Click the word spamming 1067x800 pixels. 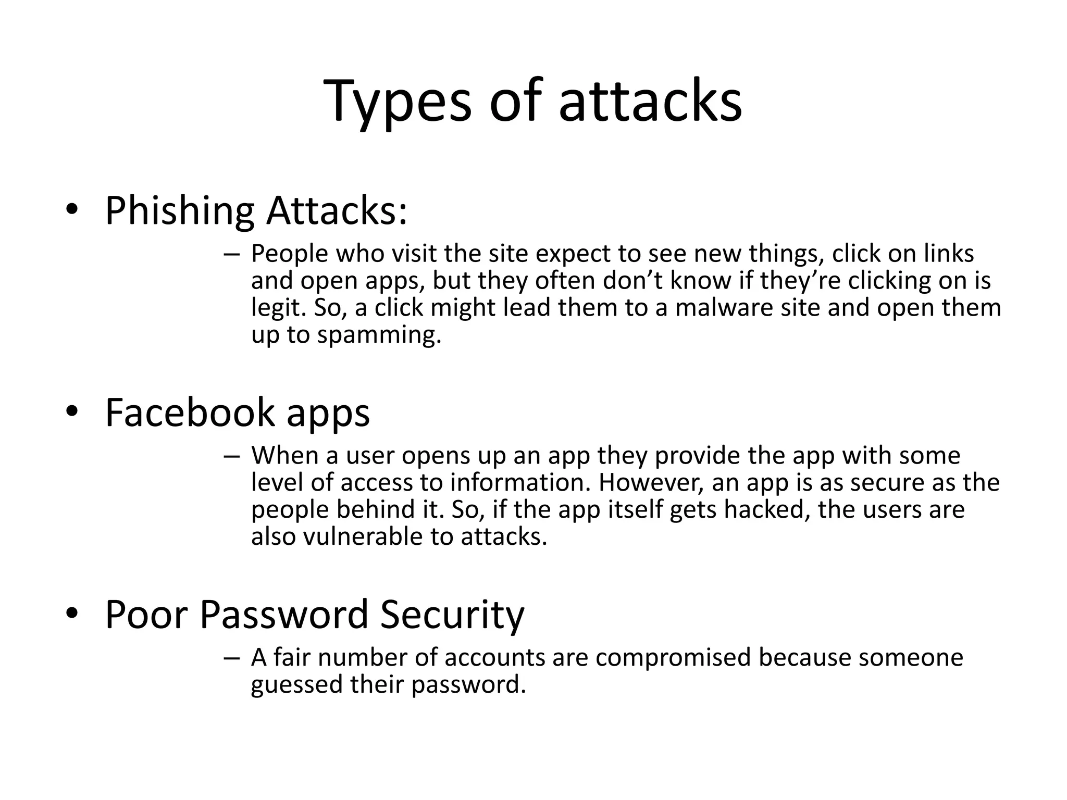click(x=379, y=335)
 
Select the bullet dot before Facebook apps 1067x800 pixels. click(x=72, y=411)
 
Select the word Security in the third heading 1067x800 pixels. click(x=452, y=615)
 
